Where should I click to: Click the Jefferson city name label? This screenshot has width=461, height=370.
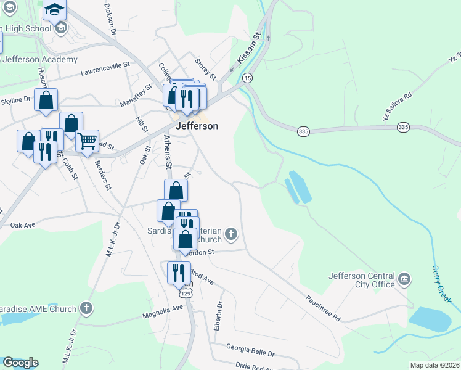click(x=197, y=126)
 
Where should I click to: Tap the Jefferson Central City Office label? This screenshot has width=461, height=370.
click(x=362, y=280)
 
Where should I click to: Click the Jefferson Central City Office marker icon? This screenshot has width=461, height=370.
click(x=405, y=279)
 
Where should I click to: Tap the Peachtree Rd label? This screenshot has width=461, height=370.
click(x=323, y=308)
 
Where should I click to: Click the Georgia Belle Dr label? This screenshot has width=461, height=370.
click(x=250, y=351)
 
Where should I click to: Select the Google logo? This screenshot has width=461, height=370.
click(x=20, y=363)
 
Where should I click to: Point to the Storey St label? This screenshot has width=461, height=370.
click(x=205, y=68)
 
